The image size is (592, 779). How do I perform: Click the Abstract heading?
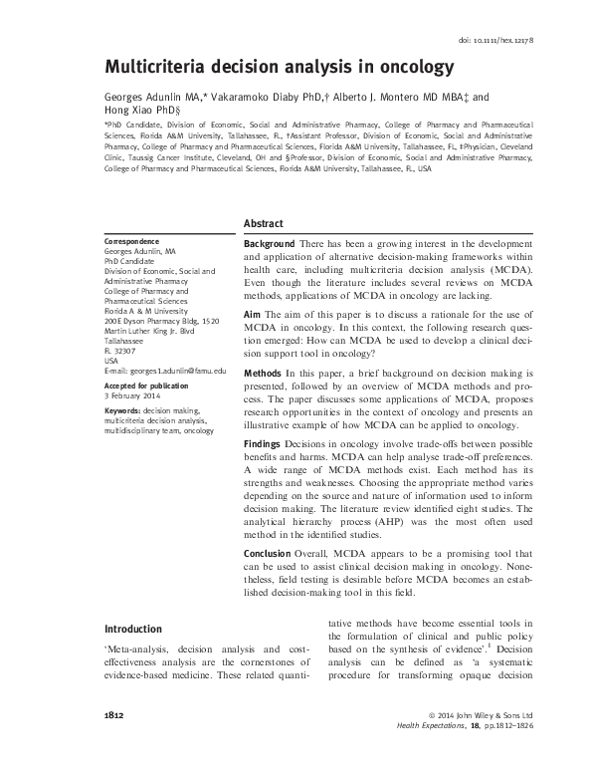(x=264, y=223)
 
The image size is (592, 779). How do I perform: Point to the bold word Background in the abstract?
(x=269, y=244)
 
